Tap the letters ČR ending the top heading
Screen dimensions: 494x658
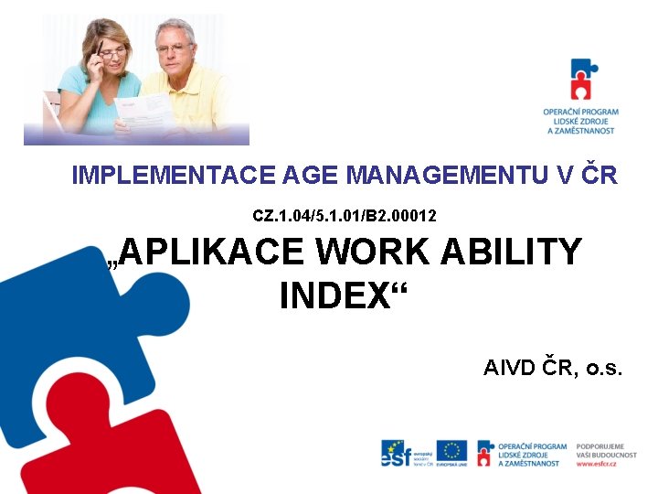tap(599, 175)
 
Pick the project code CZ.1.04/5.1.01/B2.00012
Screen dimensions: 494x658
tap(345, 217)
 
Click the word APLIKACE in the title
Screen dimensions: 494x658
tap(211, 252)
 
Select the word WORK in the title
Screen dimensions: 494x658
tap(377, 252)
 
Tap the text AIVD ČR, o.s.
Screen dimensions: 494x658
tap(552, 369)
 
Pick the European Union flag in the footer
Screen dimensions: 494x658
tap(451, 450)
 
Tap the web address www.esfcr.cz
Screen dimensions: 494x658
tap(596, 464)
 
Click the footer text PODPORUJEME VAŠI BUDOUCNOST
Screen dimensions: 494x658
tap(600, 451)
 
